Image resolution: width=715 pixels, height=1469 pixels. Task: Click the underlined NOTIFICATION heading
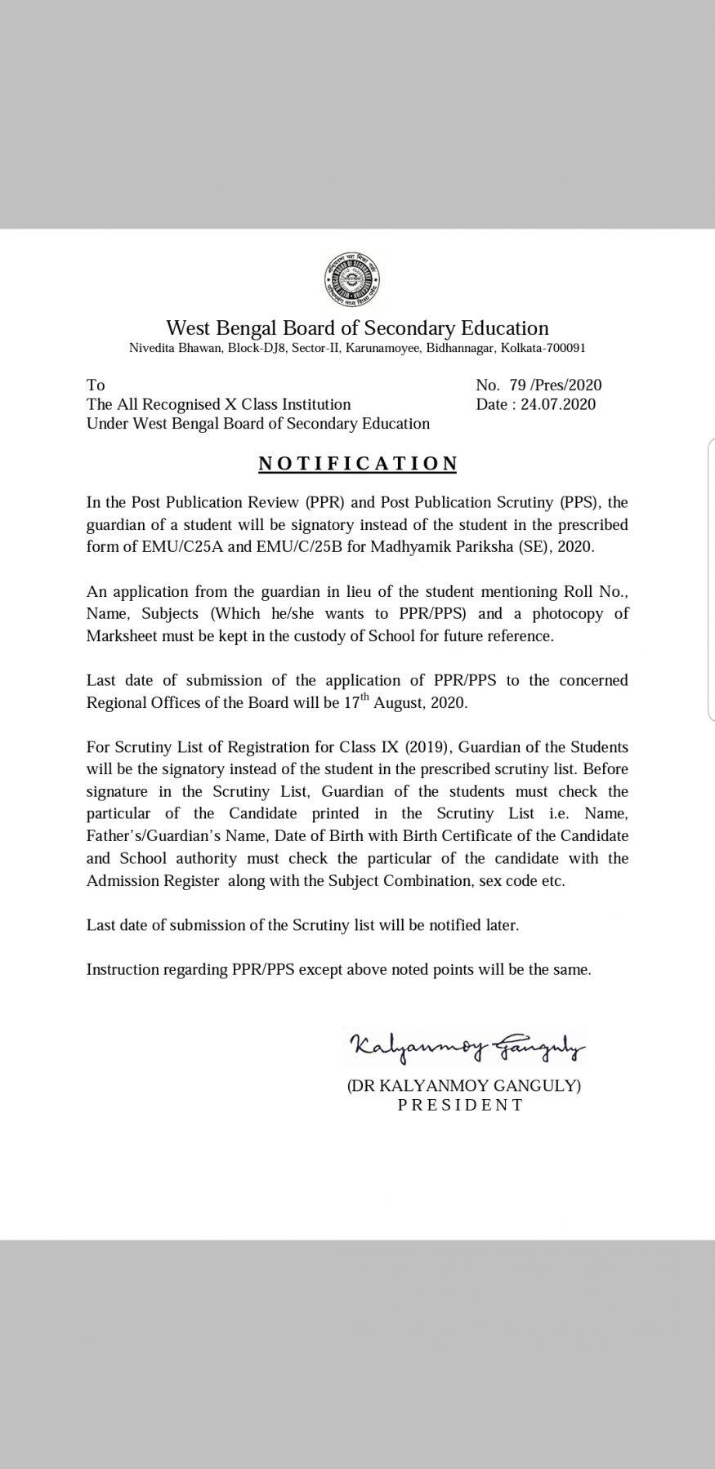tap(358, 464)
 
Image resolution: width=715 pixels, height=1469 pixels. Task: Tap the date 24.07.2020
tap(558, 404)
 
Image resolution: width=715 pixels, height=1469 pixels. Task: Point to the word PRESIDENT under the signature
tap(460, 1105)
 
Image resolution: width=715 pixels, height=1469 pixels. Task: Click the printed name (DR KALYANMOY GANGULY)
tap(463, 1085)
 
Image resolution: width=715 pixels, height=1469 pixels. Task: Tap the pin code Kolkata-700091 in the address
tap(543, 348)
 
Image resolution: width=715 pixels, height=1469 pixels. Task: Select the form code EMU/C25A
tap(190, 546)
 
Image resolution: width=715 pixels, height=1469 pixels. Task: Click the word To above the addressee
tap(96, 385)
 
